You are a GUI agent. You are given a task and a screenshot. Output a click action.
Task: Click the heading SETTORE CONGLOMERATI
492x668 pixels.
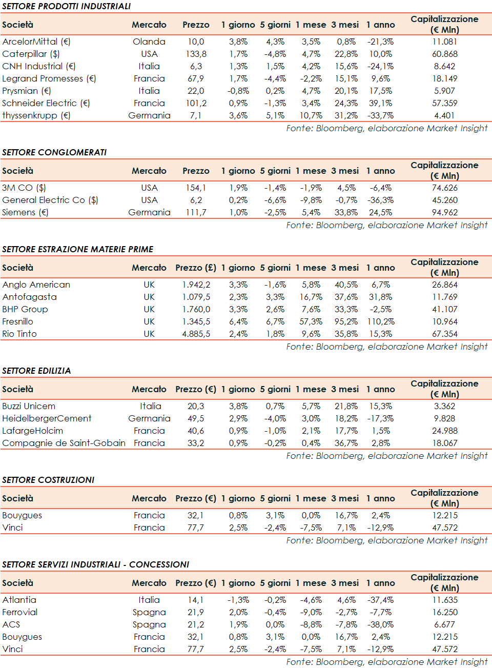[x=54, y=152]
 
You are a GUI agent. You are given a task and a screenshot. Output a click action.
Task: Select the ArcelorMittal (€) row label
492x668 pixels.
[x=36, y=42]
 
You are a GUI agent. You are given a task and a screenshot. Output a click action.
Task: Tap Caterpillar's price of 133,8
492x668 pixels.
[x=196, y=54]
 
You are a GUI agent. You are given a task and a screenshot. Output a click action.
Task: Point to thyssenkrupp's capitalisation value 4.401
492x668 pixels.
[x=444, y=115]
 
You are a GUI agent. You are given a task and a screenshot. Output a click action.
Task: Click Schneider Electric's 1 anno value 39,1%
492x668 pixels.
[x=380, y=103]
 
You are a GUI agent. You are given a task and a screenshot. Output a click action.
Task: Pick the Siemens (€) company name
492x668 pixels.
[x=25, y=212]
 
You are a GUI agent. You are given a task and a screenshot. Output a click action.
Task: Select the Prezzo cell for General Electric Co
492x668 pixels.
[x=196, y=200]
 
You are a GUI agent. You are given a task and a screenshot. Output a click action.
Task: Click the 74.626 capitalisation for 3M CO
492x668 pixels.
[x=444, y=188]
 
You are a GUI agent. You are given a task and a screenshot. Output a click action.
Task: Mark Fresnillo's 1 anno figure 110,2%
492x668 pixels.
[x=380, y=321]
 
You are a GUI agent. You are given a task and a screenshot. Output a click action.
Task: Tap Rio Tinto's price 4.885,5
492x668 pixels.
[x=196, y=334]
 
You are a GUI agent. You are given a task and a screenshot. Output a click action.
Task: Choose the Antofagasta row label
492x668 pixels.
[x=29, y=297]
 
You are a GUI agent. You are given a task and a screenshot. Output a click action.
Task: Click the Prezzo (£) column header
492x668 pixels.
[x=196, y=268]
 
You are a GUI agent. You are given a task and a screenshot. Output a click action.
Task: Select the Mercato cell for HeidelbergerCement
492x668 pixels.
[x=149, y=418]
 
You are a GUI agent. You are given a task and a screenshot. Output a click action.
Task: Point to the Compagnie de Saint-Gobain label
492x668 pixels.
[x=64, y=443]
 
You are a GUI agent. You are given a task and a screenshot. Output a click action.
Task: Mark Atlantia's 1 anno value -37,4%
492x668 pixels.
[x=380, y=600]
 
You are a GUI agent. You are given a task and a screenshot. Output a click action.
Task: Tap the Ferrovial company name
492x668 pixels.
[x=20, y=612]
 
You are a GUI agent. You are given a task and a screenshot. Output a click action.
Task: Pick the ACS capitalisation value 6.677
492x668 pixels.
[x=444, y=624]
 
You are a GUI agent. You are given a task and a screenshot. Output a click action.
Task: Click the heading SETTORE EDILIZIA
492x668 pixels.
[x=36, y=371]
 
